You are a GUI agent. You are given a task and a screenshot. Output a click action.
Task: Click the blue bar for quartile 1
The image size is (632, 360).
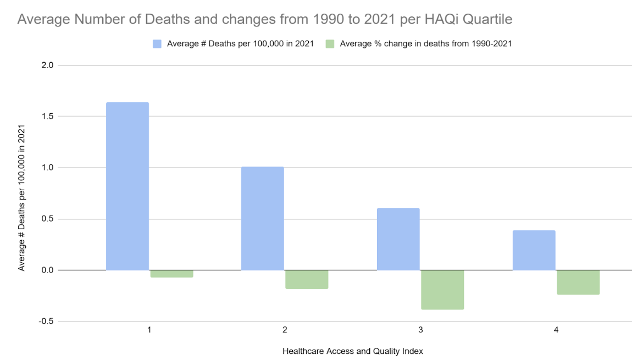[127, 186]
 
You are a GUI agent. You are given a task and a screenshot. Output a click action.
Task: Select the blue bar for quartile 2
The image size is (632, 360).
[262, 218]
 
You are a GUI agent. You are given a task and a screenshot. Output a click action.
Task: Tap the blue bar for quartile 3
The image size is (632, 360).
[398, 239]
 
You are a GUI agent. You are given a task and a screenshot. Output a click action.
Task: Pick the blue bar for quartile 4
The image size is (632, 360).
[534, 250]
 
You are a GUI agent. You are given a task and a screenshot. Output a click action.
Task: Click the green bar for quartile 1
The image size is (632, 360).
[171, 273]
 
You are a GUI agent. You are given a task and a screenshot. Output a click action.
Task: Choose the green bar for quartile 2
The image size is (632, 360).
[307, 279]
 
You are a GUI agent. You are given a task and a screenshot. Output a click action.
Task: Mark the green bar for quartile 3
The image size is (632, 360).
[442, 290]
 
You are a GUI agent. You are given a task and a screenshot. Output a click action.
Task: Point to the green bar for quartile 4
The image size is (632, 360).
[578, 282]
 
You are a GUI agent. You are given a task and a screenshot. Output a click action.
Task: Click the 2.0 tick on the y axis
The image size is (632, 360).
[47, 65]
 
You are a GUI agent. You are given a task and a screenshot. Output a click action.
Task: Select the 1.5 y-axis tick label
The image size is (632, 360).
[47, 117]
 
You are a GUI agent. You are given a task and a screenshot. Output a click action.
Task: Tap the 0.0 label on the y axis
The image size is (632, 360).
[47, 270]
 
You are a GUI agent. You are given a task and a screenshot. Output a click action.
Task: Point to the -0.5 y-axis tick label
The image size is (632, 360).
[46, 322]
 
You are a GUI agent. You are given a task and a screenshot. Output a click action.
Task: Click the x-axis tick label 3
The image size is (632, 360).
[420, 330]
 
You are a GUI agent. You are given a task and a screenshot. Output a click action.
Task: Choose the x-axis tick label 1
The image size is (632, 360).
[149, 330]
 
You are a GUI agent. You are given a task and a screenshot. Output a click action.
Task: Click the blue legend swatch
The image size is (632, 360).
[157, 44]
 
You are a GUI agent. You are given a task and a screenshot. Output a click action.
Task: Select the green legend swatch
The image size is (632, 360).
[330, 44]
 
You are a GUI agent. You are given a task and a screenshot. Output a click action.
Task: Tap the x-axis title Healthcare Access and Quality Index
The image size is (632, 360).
[352, 351]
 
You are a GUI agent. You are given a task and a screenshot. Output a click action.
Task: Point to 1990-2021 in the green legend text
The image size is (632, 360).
[490, 44]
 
